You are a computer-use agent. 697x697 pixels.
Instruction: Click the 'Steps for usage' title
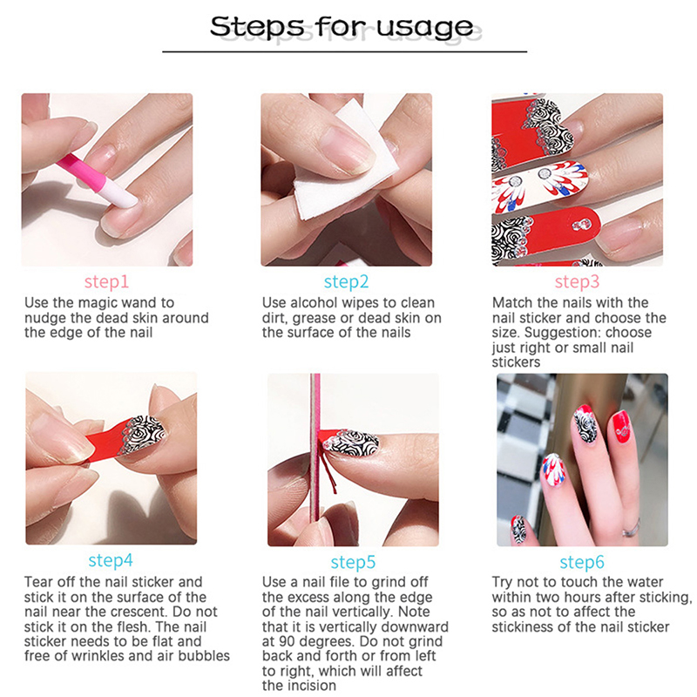(342, 27)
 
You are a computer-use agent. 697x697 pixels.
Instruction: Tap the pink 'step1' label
(106, 281)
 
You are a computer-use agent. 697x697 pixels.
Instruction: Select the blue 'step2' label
(346, 281)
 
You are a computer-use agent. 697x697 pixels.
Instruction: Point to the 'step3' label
(577, 281)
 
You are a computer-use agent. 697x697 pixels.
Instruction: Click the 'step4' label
(111, 560)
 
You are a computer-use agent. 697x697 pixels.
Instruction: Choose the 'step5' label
(353, 562)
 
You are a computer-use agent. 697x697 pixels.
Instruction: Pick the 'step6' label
(582, 562)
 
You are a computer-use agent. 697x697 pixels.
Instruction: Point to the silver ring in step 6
(631, 528)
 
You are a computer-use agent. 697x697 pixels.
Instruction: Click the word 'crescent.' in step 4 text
(137, 612)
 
